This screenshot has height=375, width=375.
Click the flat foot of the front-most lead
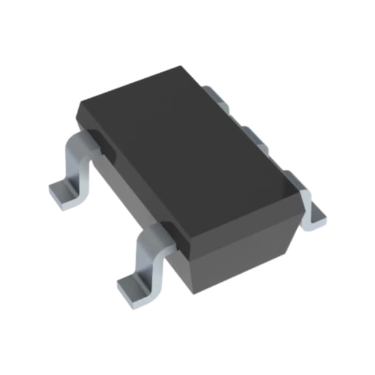[133, 283]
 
